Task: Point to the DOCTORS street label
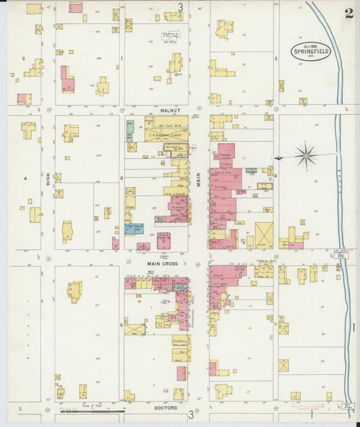click(165, 407)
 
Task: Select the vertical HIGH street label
click(48, 178)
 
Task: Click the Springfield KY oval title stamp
click(311, 51)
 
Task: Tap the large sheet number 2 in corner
click(349, 14)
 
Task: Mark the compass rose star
click(306, 156)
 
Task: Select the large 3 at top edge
click(180, 7)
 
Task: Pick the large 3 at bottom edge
click(190, 413)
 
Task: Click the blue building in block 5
click(133, 228)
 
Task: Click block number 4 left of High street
click(25, 178)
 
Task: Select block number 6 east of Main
click(276, 174)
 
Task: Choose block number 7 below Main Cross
click(276, 324)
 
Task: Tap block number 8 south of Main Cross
click(121, 324)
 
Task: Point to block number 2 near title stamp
click(276, 59)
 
